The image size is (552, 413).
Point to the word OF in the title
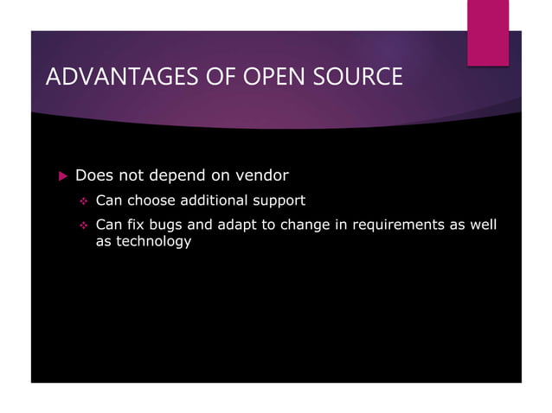(x=210, y=78)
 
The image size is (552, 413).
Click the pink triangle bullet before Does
(x=61, y=176)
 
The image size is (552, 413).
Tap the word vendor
(x=258, y=176)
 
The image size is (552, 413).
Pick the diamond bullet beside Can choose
(x=84, y=202)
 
